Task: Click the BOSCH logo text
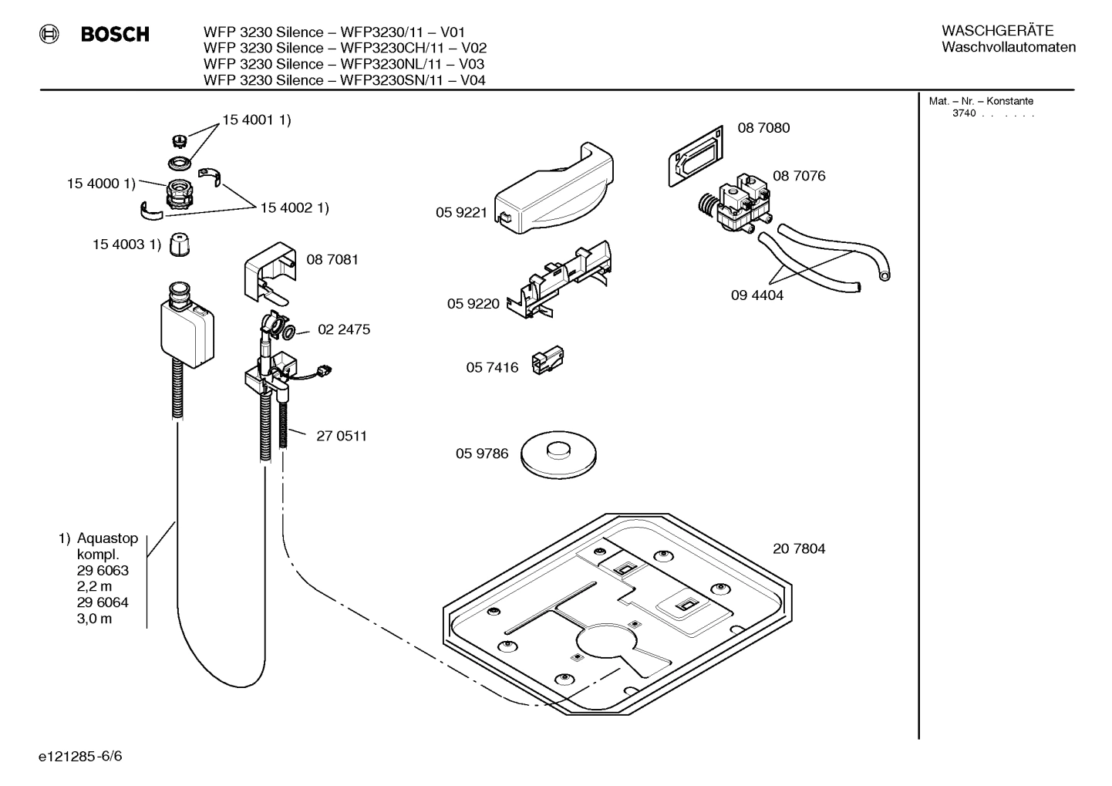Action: [115, 35]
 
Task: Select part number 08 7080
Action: [763, 128]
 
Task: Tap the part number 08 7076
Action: [798, 176]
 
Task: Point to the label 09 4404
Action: [756, 295]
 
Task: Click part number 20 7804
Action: [798, 548]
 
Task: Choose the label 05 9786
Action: [481, 454]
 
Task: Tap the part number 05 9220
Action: [473, 304]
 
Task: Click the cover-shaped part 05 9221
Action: [554, 189]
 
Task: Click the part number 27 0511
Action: [341, 436]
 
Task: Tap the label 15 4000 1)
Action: [100, 184]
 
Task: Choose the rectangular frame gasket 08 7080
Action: [694, 157]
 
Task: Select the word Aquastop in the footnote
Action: [107, 538]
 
